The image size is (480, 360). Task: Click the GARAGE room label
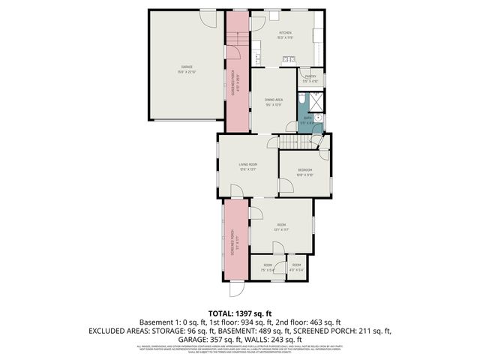[185, 67]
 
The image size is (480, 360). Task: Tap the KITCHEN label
[285, 34]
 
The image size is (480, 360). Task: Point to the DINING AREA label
[273, 99]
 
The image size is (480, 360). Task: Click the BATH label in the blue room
[307, 118]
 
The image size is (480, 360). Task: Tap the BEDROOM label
[304, 170]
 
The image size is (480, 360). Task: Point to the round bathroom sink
[318, 118]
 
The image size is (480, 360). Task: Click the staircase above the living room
[289, 142]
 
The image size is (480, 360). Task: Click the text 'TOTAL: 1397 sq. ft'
[239, 313]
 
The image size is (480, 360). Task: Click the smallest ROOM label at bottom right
[296, 265]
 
